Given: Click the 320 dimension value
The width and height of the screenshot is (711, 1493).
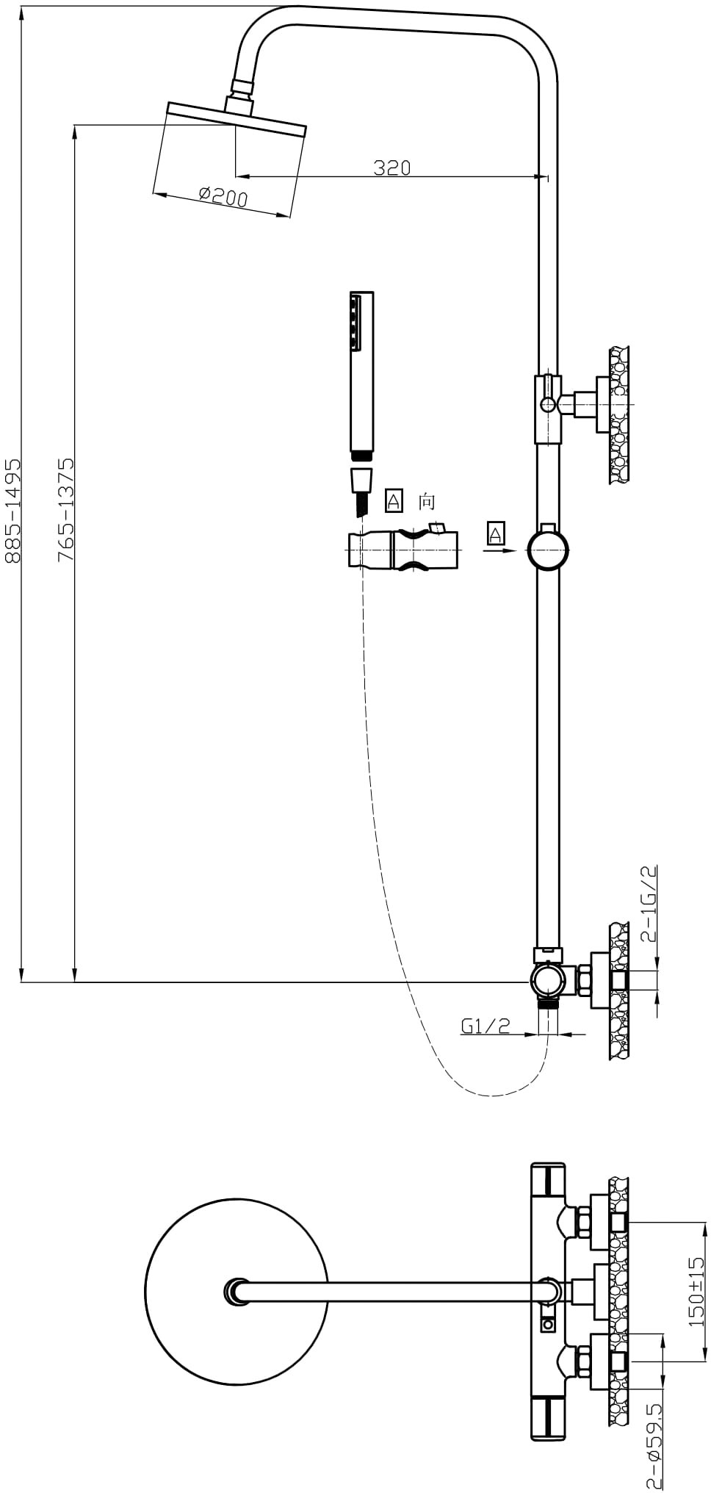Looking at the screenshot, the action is (392, 168).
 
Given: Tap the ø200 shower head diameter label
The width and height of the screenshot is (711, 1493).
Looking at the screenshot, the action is (223, 195).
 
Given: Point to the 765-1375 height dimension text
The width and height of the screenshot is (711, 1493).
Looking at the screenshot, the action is (66, 509).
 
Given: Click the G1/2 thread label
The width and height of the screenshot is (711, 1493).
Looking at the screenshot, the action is (486, 1025).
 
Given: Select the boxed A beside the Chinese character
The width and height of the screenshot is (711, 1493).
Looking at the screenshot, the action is (394, 501).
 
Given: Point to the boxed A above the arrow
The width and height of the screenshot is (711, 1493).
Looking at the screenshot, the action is (496, 533).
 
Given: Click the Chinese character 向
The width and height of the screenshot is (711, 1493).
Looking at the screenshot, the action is (427, 502).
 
